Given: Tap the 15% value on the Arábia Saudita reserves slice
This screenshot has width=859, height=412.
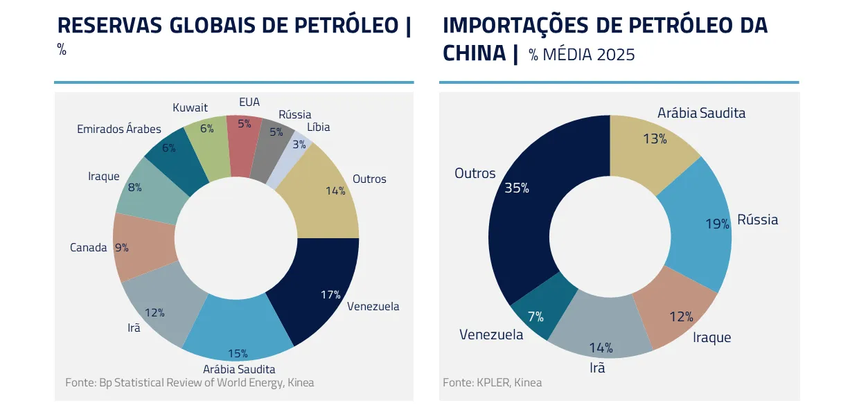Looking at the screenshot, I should click(x=238, y=353).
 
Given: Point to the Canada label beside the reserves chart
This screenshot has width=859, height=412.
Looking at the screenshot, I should click(x=88, y=247).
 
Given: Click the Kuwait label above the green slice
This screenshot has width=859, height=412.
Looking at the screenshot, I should click(x=190, y=107).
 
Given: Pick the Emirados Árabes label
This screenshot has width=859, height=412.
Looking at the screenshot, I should click(x=118, y=129).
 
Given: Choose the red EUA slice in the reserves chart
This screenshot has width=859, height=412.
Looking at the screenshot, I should click(x=245, y=138).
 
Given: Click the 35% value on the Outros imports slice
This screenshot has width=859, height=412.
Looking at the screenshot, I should click(x=517, y=188).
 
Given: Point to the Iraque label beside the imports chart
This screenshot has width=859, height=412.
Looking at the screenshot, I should click(x=711, y=337).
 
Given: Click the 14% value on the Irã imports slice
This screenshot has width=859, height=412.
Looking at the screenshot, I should click(x=601, y=347).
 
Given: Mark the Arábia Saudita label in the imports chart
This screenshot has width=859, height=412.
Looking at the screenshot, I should click(x=701, y=112).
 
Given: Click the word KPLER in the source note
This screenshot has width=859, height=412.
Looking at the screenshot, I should click(x=493, y=382).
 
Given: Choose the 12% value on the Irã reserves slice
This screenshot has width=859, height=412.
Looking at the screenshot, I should click(x=154, y=312).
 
